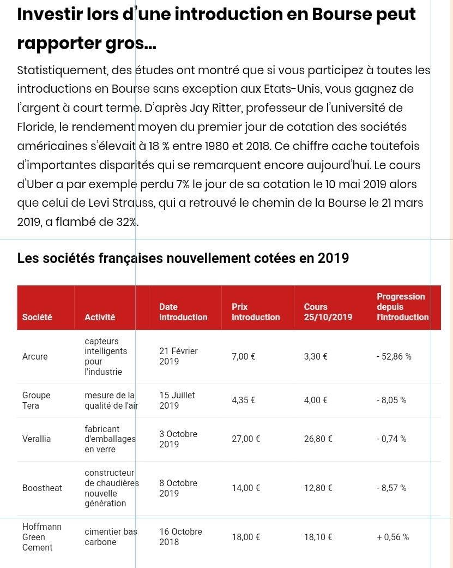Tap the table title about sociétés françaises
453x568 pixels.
[x=183, y=258]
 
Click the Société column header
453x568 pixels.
[x=37, y=317]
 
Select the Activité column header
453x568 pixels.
[x=100, y=317]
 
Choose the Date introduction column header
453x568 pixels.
[x=183, y=312]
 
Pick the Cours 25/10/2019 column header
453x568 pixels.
[x=328, y=312]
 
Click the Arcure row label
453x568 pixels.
[x=35, y=357]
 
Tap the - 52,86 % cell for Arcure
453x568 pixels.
[x=394, y=357]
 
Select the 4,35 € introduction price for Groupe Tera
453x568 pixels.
[x=244, y=400]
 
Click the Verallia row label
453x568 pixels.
[x=37, y=439]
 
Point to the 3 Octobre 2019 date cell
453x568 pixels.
[x=178, y=439]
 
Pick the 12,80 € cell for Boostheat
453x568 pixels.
[x=318, y=488]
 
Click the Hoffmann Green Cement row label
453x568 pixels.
[x=41, y=537]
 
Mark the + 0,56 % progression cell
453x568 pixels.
[x=392, y=537]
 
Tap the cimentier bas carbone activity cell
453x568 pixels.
[x=111, y=537]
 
